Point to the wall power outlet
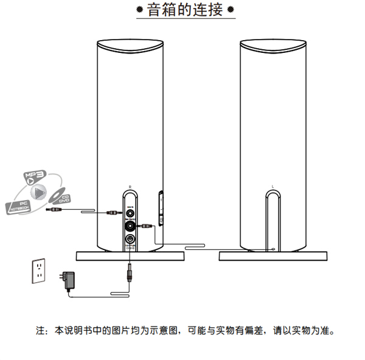(40, 271)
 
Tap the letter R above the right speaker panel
(130, 187)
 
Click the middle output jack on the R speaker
(130, 226)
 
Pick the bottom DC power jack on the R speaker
(130, 240)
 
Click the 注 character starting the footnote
(40, 332)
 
